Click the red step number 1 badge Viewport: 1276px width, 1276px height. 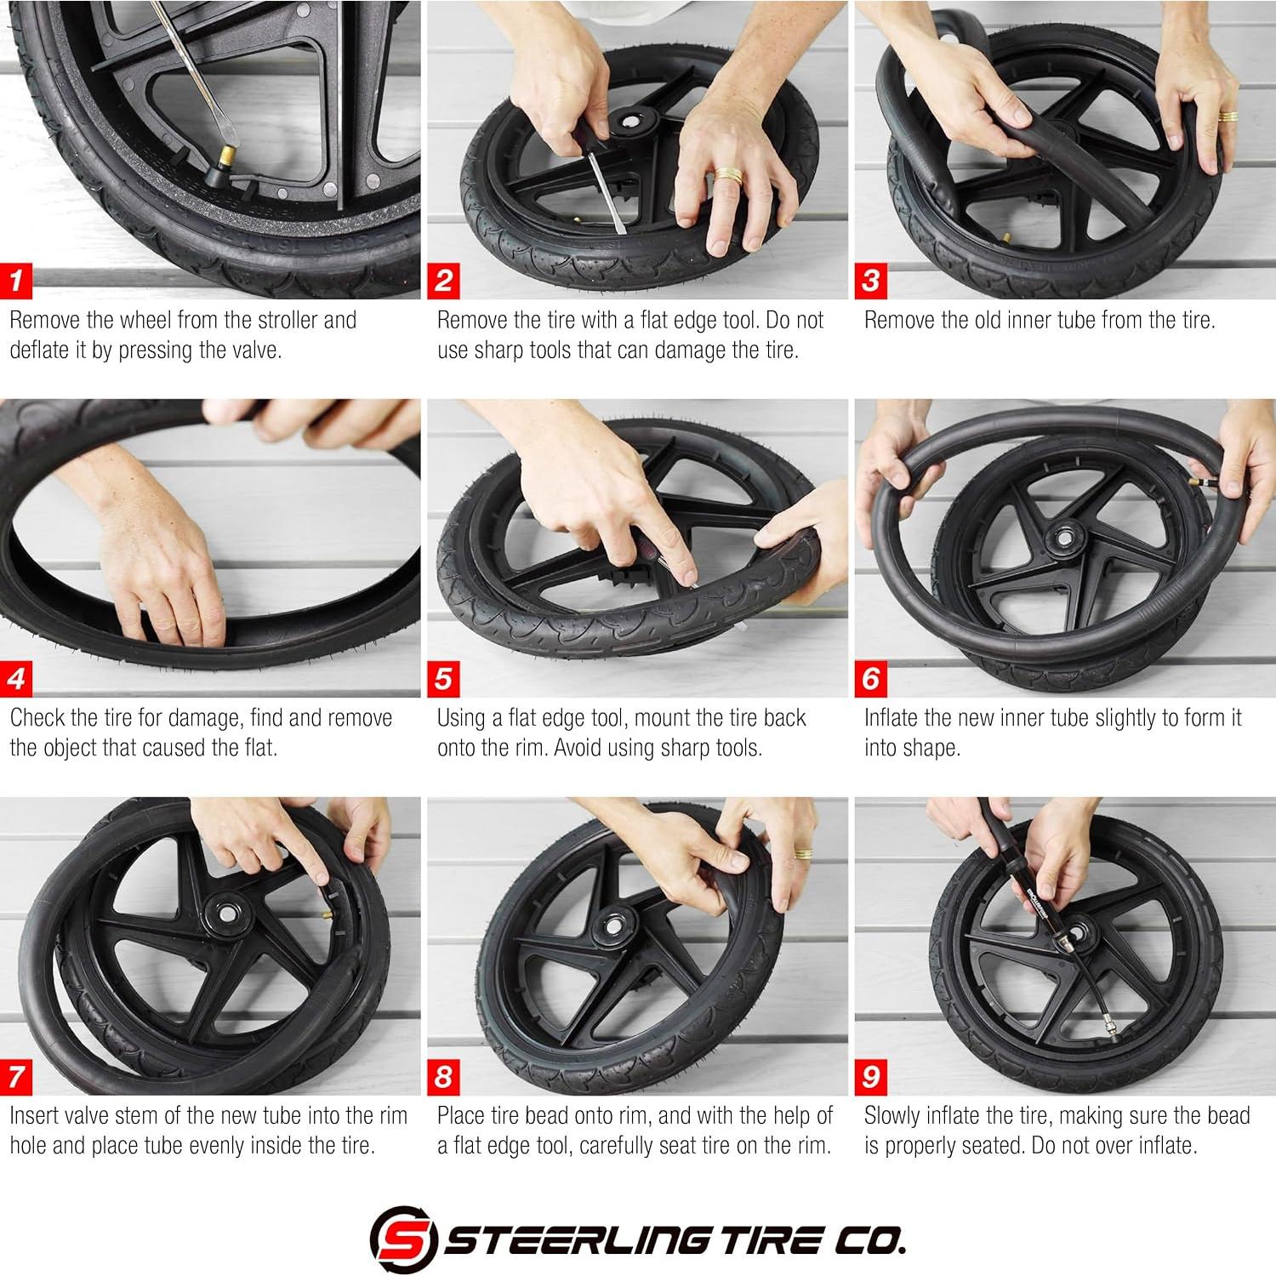tap(16, 281)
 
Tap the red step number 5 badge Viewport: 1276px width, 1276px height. tap(443, 679)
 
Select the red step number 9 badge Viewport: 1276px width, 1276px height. tap(871, 1077)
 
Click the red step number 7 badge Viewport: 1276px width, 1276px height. tap(16, 1077)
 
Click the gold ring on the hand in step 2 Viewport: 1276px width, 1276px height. tap(728, 175)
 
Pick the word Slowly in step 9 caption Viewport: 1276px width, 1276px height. tap(892, 1116)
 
